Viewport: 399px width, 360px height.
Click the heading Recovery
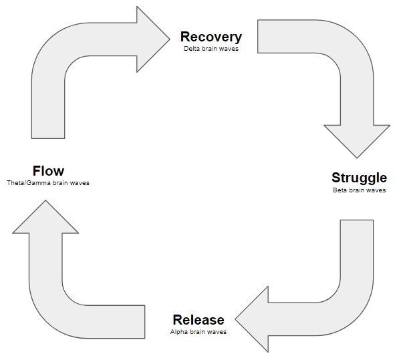[211, 37]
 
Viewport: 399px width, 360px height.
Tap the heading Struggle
[359, 178]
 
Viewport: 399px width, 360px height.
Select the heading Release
[198, 319]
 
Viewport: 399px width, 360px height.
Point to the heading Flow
[48, 171]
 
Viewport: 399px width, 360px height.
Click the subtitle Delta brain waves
[211, 49]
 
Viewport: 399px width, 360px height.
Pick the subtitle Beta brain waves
[359, 190]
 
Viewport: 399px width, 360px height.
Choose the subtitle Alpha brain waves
[198, 331]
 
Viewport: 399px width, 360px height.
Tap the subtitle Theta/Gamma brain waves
[48, 183]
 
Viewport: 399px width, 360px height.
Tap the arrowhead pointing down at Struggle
[356, 140]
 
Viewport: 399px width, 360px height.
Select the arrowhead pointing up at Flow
[45, 216]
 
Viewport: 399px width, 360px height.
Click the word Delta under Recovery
[193, 49]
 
